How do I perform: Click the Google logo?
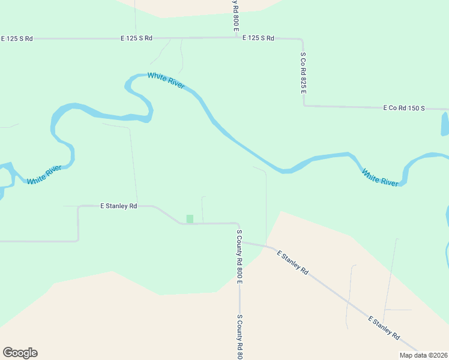(x=20, y=353)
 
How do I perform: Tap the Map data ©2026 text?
(x=423, y=355)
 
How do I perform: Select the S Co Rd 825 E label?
(x=304, y=72)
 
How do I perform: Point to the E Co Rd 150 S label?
(x=404, y=108)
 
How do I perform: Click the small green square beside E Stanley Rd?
(x=190, y=219)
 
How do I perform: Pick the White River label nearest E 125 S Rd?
(x=166, y=80)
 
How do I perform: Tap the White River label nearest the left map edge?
(x=44, y=174)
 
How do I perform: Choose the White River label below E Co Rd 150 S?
(x=379, y=178)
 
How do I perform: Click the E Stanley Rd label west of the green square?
(x=118, y=206)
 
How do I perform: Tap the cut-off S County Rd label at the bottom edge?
(x=239, y=337)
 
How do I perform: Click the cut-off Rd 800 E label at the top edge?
(x=236, y=16)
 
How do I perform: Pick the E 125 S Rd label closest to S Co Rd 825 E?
(x=258, y=38)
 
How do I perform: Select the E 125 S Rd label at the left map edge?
(x=17, y=38)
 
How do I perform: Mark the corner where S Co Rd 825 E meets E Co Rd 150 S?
(x=304, y=106)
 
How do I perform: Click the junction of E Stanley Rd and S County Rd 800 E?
(x=239, y=224)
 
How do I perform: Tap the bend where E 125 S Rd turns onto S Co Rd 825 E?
(x=302, y=40)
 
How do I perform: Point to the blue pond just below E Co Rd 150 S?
(x=445, y=124)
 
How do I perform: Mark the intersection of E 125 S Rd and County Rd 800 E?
(x=236, y=37)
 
